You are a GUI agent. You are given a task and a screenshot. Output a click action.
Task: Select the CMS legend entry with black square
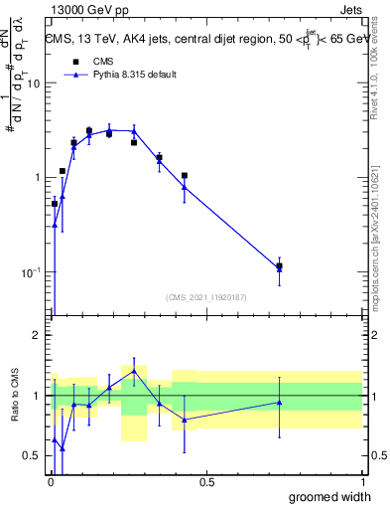91,61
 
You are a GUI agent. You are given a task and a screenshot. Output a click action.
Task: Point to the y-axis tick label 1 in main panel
36,178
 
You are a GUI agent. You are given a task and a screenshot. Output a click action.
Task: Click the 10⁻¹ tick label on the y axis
29,271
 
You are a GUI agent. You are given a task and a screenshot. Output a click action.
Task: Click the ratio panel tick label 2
36,336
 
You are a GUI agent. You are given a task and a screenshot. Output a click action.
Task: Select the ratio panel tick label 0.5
30,456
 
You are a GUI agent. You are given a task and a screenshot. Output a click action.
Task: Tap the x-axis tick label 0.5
206,482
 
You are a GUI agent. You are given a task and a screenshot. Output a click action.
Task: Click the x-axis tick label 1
362,482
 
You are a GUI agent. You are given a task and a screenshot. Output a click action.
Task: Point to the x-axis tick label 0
51,482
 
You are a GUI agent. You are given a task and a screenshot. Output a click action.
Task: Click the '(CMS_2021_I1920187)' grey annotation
206,296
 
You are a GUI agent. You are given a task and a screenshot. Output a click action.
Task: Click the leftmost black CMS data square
55,204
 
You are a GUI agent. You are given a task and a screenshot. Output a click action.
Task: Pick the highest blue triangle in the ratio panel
134,371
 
